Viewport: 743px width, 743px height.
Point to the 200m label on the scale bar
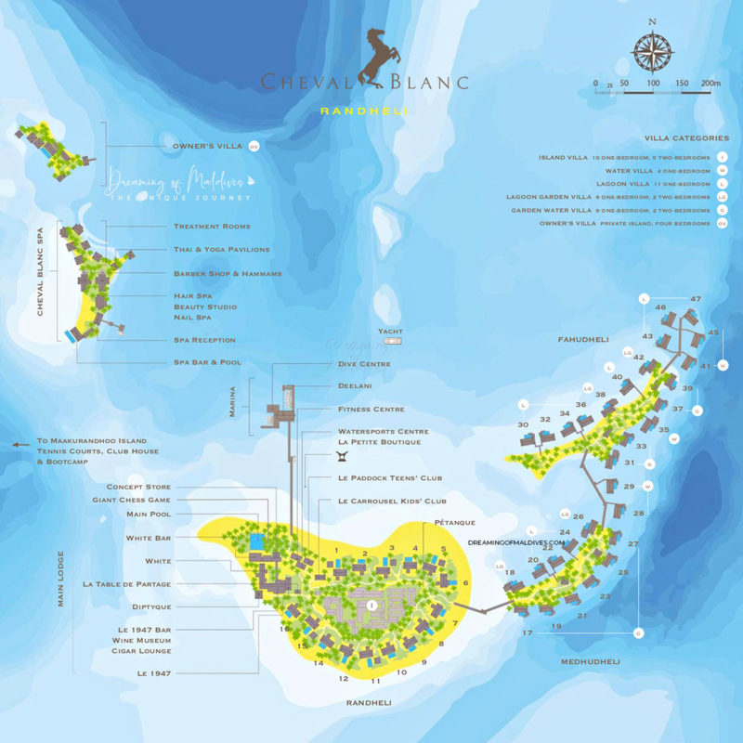(711, 84)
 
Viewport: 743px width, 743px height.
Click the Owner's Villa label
(207, 147)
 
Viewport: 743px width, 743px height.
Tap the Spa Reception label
(204, 340)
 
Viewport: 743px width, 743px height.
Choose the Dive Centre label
(358, 365)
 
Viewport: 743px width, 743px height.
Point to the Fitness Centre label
(371, 410)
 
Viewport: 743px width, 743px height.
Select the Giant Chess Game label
(138, 500)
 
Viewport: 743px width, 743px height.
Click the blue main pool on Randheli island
(257, 540)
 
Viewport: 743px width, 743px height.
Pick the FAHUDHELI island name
(582, 340)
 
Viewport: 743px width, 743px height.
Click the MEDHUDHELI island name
(590, 661)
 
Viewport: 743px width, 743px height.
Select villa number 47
(695, 299)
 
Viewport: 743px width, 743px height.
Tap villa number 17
(528, 632)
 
